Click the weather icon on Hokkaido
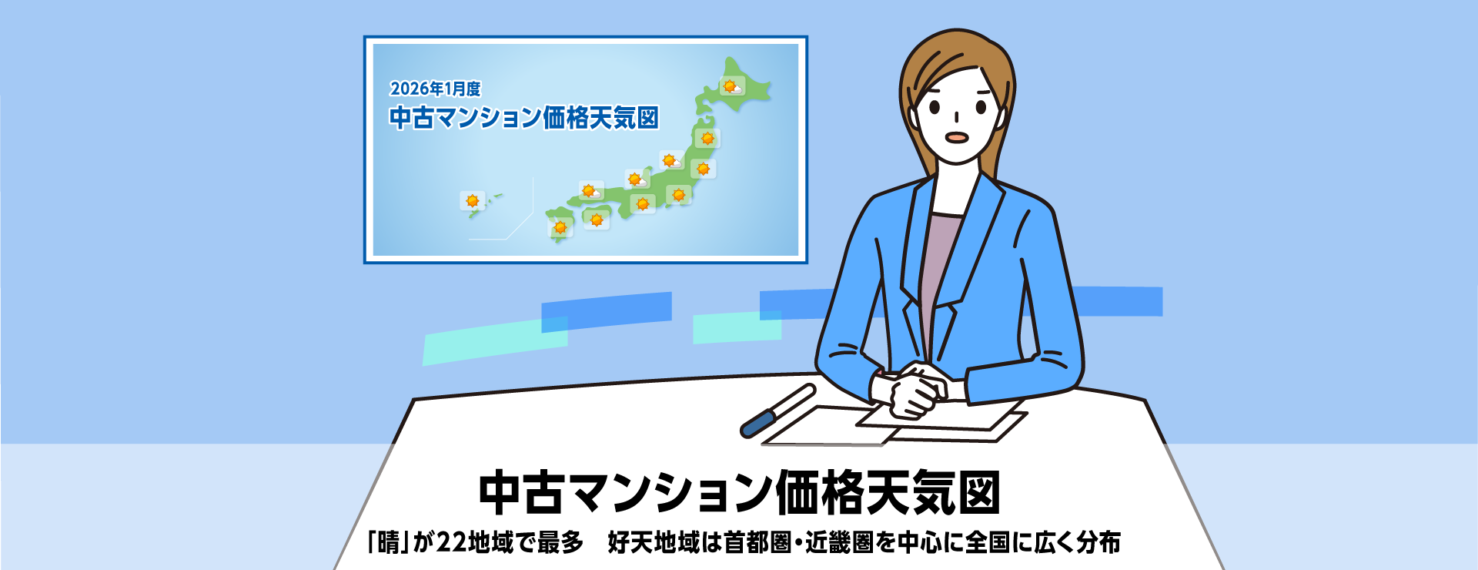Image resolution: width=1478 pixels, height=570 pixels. pos(731,86)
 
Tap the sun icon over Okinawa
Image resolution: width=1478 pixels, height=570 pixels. pos(472,201)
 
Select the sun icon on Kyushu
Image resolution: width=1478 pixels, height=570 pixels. pos(560,227)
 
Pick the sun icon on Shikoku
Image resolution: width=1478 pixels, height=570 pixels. pos(597,220)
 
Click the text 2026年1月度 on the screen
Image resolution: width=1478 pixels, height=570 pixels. pos(436,89)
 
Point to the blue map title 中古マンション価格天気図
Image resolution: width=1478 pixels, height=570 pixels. pos(523,118)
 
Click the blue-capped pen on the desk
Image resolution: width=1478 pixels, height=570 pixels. pos(777,411)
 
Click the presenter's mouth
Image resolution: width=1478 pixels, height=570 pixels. pos(956,138)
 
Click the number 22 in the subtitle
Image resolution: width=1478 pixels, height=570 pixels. pos(452,542)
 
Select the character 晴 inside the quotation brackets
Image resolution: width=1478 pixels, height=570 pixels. pos(390,542)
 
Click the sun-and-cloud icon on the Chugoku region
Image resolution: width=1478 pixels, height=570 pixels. pos(591,191)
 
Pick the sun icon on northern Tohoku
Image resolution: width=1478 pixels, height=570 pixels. pos(707,139)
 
